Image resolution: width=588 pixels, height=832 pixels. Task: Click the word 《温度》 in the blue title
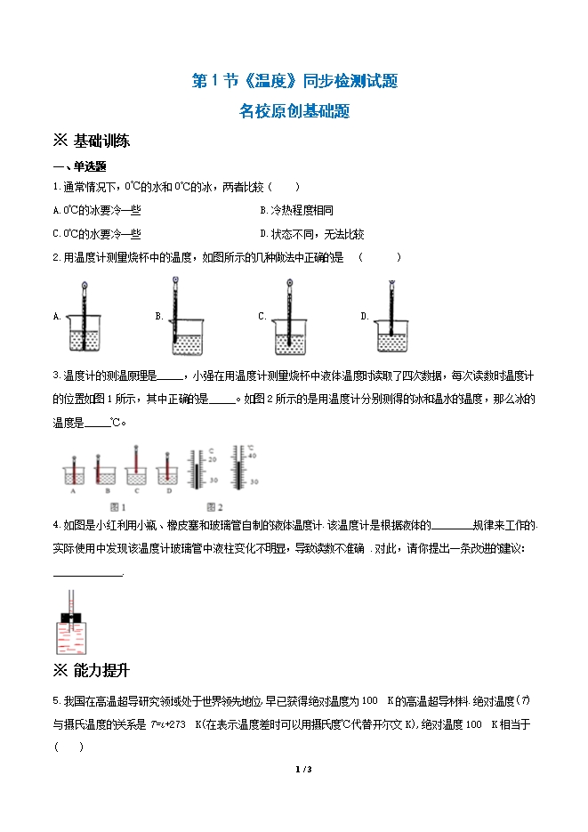tap(264, 81)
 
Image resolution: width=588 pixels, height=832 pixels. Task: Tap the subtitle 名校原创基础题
tap(294, 112)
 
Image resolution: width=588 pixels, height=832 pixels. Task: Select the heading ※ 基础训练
tap(93, 141)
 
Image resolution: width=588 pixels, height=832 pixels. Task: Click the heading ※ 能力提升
tap(93, 670)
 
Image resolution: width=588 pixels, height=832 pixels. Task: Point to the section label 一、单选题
tap(80, 166)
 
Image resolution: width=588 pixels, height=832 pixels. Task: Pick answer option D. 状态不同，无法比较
tap(311, 234)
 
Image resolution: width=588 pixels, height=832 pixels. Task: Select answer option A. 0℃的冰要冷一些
tap(97, 210)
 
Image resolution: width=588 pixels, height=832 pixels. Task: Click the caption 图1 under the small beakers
tap(110, 508)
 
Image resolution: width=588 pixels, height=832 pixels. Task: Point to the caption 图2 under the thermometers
tap(214, 508)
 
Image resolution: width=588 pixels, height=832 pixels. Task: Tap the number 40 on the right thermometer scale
tap(251, 455)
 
